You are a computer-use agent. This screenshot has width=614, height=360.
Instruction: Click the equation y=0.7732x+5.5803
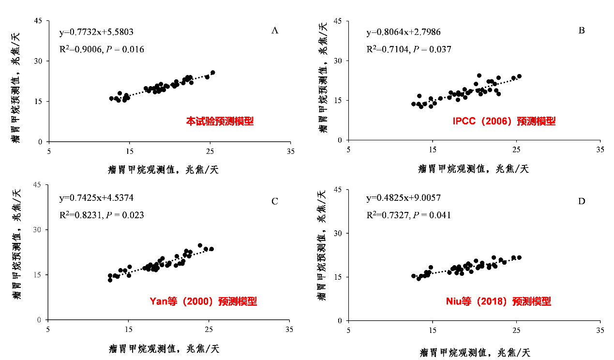[x=96, y=32]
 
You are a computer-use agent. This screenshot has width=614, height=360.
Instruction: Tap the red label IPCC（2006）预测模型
[x=504, y=121]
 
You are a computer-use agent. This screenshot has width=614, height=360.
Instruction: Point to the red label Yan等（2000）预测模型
[x=203, y=301]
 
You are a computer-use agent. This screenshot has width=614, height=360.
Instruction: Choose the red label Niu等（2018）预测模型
[x=498, y=301]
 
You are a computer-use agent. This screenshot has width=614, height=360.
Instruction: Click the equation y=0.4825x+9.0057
[x=404, y=198]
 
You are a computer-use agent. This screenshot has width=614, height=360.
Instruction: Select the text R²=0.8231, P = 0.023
[x=102, y=215]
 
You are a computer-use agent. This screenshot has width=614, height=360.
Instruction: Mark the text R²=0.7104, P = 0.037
[x=409, y=49]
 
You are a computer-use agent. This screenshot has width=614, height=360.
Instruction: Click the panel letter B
[x=582, y=31]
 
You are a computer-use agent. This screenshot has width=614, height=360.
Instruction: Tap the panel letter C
[x=274, y=201]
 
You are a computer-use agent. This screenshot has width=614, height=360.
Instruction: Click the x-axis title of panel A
[x=164, y=170]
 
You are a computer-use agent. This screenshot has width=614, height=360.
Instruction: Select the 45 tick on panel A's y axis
[x=38, y=20]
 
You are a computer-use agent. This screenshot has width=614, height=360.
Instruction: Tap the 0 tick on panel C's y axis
[x=41, y=320]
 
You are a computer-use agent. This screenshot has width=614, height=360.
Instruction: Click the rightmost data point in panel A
[x=212, y=73]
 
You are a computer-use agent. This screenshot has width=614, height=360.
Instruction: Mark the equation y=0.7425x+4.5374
[x=96, y=198]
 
